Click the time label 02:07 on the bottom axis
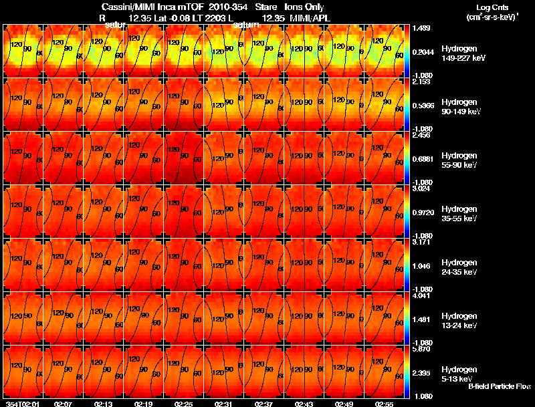tap(64, 404)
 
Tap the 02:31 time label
tap(224, 404)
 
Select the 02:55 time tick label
tap(385, 404)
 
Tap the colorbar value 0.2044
tap(423, 51)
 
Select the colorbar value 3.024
tap(421, 189)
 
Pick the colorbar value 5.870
tap(421, 350)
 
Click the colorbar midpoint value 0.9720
tap(423, 212)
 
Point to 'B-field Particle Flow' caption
tap(500, 386)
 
